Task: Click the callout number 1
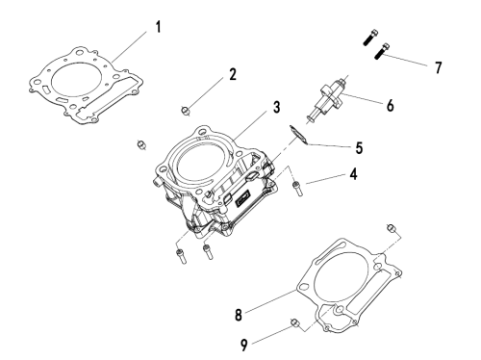coord(158,27)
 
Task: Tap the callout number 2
coord(233,74)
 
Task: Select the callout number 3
coord(276,107)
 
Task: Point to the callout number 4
coord(353,174)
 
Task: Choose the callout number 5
coord(359,148)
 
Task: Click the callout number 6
coord(390,105)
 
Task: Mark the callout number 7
coord(438,67)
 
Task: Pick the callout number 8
coord(239,315)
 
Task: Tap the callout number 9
coord(244,346)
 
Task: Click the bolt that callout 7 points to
coord(382,51)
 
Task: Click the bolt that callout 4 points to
coord(297,189)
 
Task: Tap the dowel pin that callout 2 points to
coord(186,111)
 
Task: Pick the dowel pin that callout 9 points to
coord(295,323)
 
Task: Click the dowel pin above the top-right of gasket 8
coord(391,228)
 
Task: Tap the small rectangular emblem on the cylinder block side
coord(242,198)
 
